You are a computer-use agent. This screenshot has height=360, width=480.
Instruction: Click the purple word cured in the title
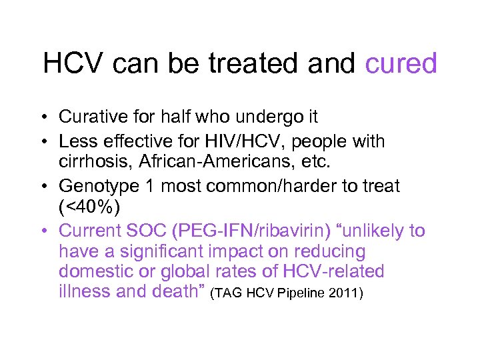[401, 64]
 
